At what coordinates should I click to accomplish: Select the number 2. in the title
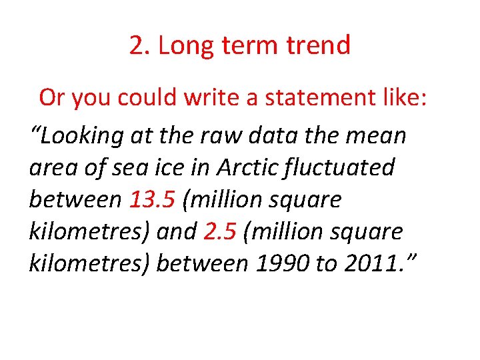[x=139, y=46]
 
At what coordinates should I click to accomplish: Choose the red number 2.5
[x=220, y=231]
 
